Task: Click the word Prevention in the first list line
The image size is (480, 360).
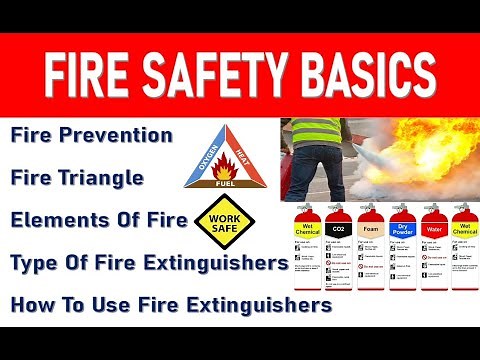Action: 127,134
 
